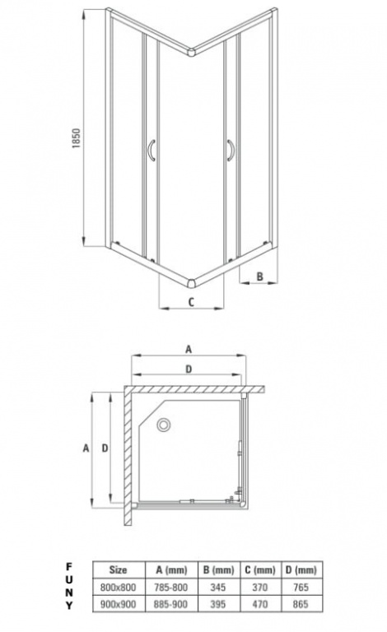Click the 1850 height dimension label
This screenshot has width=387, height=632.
pos(77,138)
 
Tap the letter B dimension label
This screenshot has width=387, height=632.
pos(260,276)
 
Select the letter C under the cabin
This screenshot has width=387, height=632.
pos(192,301)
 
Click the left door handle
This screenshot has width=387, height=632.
pos(151,151)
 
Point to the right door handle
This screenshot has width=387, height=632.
pos(231,151)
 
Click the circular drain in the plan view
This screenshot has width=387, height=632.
pos(164,425)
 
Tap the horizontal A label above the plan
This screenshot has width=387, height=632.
pos(189,350)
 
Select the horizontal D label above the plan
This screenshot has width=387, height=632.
pos(189,369)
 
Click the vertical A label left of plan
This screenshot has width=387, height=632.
pos(86,448)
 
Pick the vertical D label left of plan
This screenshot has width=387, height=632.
pos(105,448)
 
